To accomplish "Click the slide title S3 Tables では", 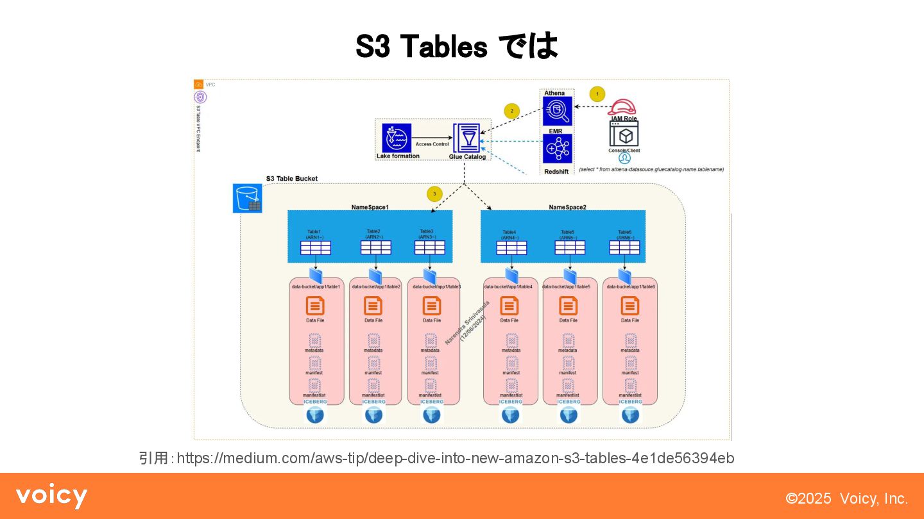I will pyautogui.click(x=456, y=46).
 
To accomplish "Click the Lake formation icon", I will pyautogui.click(x=397, y=138).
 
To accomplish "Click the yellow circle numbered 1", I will pyautogui.click(x=597, y=94).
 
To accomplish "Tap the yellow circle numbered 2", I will pyautogui.click(x=511, y=111).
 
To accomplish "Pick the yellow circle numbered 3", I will pyautogui.click(x=434, y=194).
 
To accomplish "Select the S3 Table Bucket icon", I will pyautogui.click(x=247, y=198).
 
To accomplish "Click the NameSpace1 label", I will pyautogui.click(x=370, y=207).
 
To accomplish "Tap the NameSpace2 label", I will pyautogui.click(x=567, y=207).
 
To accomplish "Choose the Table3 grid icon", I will pyautogui.click(x=429, y=248).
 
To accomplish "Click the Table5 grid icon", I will pyautogui.click(x=569, y=248).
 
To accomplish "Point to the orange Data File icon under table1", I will pyautogui.click(x=315, y=306).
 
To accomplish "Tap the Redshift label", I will pyautogui.click(x=556, y=172).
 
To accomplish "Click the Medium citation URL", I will pyautogui.click(x=455, y=458).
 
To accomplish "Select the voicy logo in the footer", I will pyautogui.click(x=51, y=497).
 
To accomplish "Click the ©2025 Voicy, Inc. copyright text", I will pyautogui.click(x=847, y=498).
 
